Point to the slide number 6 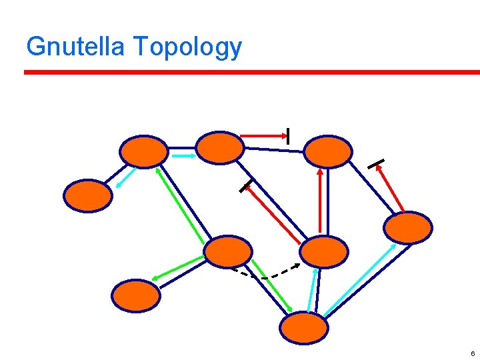click(472, 353)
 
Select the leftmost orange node click(88, 195)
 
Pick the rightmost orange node click(408, 227)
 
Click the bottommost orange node click(304, 327)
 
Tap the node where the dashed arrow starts click(228, 252)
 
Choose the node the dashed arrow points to click(324, 251)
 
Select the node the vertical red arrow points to click(327, 151)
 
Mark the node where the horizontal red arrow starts click(221, 147)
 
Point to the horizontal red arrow click(263, 137)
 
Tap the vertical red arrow click(321, 200)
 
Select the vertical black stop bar click(287, 136)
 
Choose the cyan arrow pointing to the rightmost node click(360, 280)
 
